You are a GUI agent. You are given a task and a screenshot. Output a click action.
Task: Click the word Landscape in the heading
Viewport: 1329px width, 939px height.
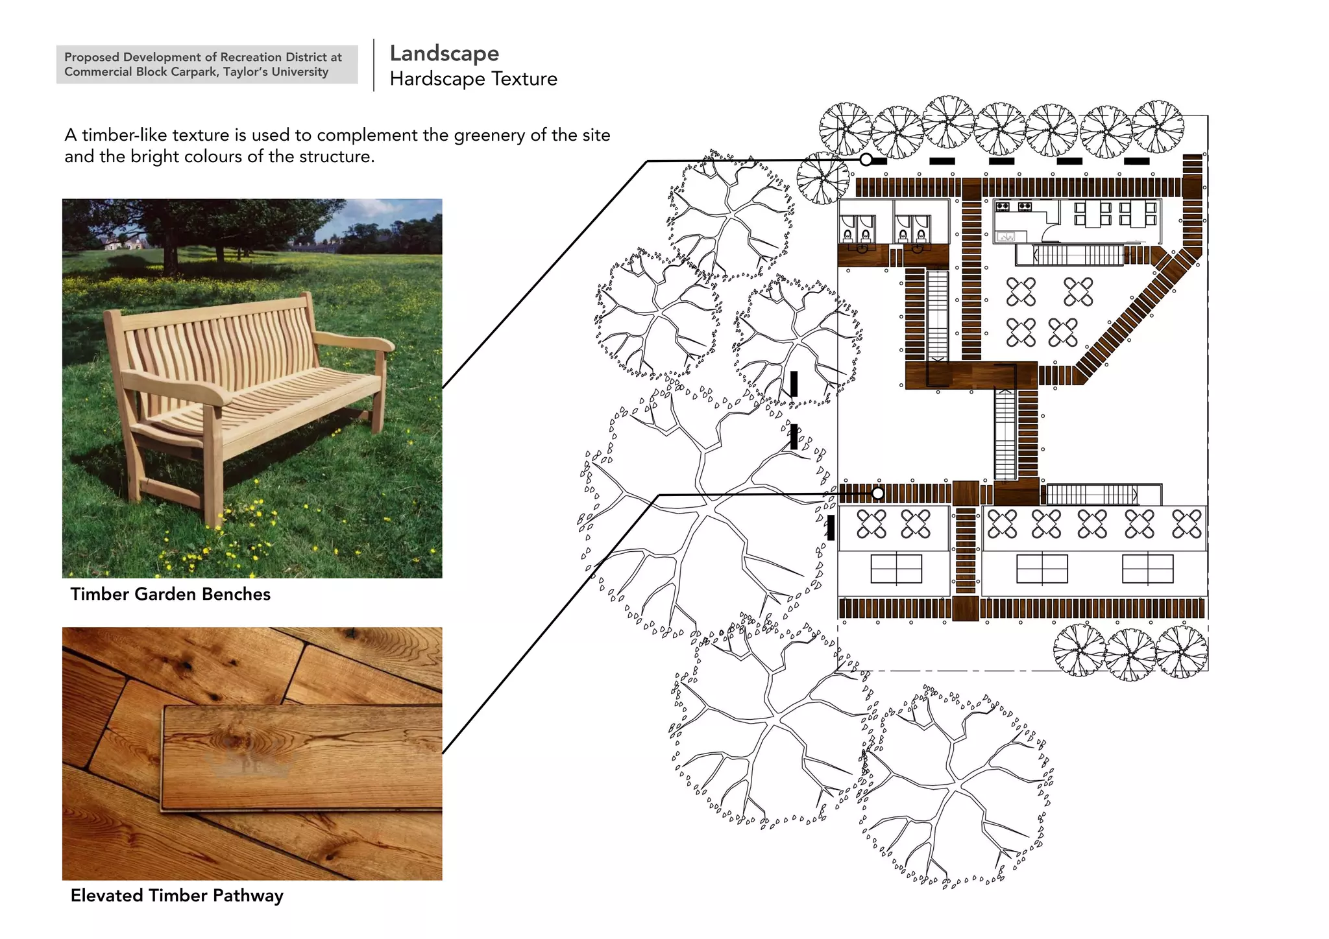445,54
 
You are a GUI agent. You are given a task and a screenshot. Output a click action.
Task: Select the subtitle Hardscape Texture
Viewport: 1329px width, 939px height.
473,79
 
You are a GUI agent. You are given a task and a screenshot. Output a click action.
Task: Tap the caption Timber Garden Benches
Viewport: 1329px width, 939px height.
170,594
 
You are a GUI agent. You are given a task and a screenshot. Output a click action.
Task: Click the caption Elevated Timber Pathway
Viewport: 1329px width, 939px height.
177,896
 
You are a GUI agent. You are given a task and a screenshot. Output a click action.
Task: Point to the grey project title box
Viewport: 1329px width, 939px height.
207,64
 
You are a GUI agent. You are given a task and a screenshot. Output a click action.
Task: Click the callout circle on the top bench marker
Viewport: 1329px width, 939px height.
866,160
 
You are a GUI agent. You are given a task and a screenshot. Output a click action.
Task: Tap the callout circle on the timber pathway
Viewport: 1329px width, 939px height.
877,493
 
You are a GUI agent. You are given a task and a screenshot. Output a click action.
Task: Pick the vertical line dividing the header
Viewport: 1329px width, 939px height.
374,65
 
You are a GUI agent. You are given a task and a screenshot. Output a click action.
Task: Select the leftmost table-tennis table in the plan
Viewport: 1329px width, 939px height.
896,569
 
